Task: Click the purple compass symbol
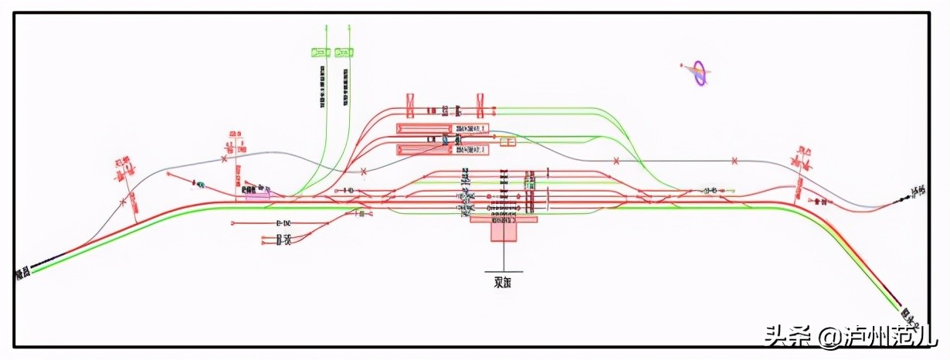(700, 73)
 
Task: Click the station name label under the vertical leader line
(503, 281)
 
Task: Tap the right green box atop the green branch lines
(344, 52)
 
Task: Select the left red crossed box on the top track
(410, 102)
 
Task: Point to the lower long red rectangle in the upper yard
(423, 149)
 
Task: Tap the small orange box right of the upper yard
(507, 141)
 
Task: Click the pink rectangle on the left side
(258, 195)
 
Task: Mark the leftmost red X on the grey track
(123, 202)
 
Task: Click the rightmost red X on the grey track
(735, 161)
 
